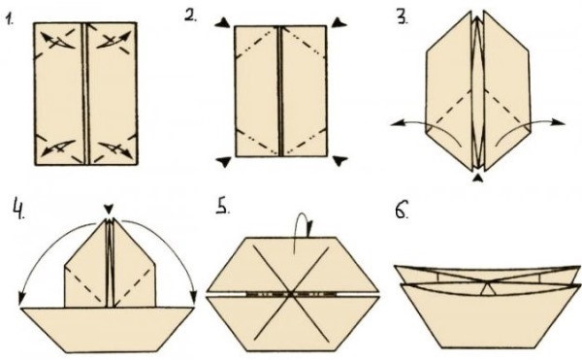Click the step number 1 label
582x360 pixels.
[x=9, y=18]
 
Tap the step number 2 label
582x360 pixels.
[x=191, y=16]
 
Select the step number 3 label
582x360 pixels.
[x=403, y=17]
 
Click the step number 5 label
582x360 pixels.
[x=223, y=207]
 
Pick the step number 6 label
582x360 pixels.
[x=402, y=210]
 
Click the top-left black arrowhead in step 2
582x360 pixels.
[x=223, y=23]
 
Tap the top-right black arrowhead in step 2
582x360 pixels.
[x=339, y=22]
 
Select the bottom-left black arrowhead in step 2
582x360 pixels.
[x=224, y=162]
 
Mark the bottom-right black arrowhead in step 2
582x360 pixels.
[x=339, y=161]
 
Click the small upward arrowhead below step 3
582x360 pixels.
[x=478, y=179]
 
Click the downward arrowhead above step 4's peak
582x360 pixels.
[x=108, y=210]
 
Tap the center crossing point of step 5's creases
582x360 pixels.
[x=291, y=294]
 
